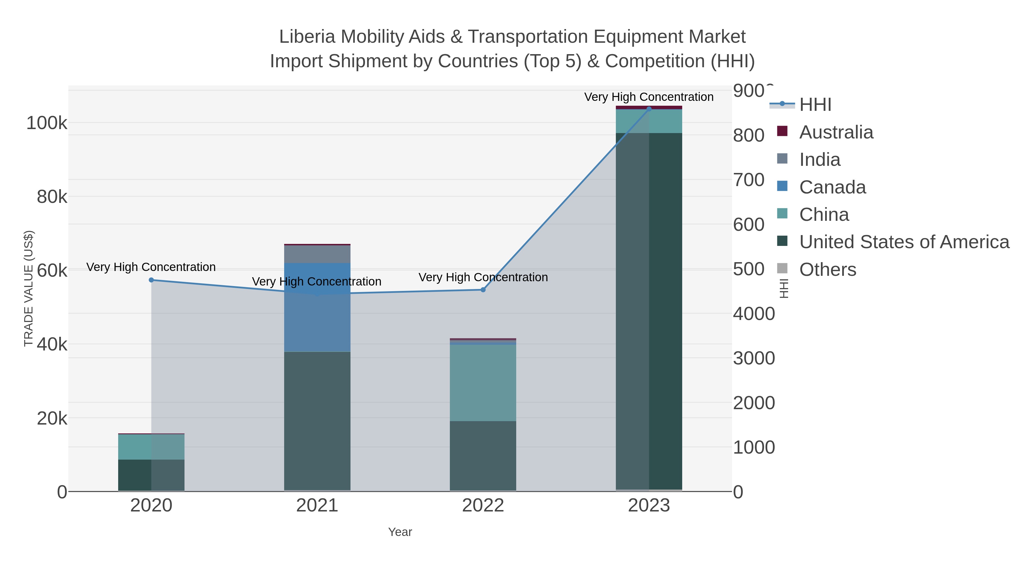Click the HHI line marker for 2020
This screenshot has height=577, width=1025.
[151, 280]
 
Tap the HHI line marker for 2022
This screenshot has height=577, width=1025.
[483, 290]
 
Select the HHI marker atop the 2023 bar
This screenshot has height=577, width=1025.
[649, 109]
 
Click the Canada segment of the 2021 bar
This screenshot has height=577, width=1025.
[317, 307]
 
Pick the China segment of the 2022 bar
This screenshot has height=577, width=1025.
[483, 383]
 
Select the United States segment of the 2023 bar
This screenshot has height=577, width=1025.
[649, 311]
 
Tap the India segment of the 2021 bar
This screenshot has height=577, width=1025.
[317, 254]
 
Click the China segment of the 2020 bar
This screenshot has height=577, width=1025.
[151, 447]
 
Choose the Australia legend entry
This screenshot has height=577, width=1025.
[836, 132]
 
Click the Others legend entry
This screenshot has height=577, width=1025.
[827, 270]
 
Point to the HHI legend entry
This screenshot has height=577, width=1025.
[815, 105]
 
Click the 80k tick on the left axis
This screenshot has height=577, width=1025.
[52, 197]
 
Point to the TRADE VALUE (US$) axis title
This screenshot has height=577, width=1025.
[29, 288]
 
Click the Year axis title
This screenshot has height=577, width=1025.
[400, 532]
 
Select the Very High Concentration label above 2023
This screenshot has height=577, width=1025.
[649, 97]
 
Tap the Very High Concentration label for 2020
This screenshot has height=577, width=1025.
[151, 267]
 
